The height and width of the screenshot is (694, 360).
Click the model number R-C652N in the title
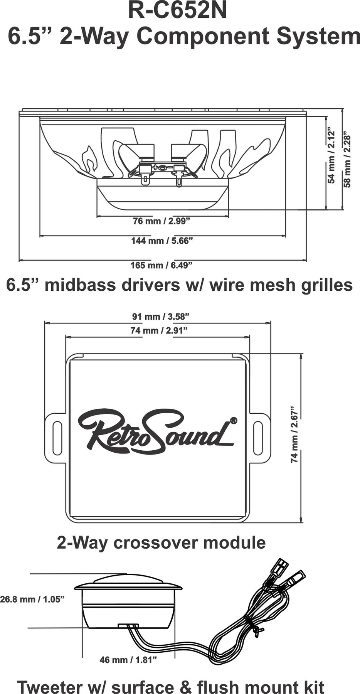pos(177,12)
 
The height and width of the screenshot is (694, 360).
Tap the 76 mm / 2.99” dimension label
pos(162,221)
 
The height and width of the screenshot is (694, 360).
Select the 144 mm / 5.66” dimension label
pos(162,241)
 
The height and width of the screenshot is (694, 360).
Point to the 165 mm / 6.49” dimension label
pos(162,265)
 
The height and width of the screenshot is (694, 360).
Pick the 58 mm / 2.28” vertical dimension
pos(347,161)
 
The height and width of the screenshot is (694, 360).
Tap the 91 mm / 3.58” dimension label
pos(161,317)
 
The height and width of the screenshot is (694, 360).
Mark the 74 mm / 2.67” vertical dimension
pos(295,434)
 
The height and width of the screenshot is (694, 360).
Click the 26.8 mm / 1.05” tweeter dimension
pos(32,599)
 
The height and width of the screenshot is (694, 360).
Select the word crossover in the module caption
pos(156,542)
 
